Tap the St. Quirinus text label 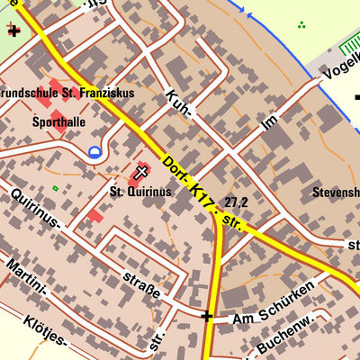pos(140,191)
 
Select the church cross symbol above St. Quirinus pos(141,171)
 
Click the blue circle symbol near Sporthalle pos(95,152)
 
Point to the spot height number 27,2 pos(237,202)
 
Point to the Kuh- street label pos(179,103)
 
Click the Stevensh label pos(336,192)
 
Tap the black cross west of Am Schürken pos(207,316)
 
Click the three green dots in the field pos(301,25)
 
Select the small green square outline pos(55,188)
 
